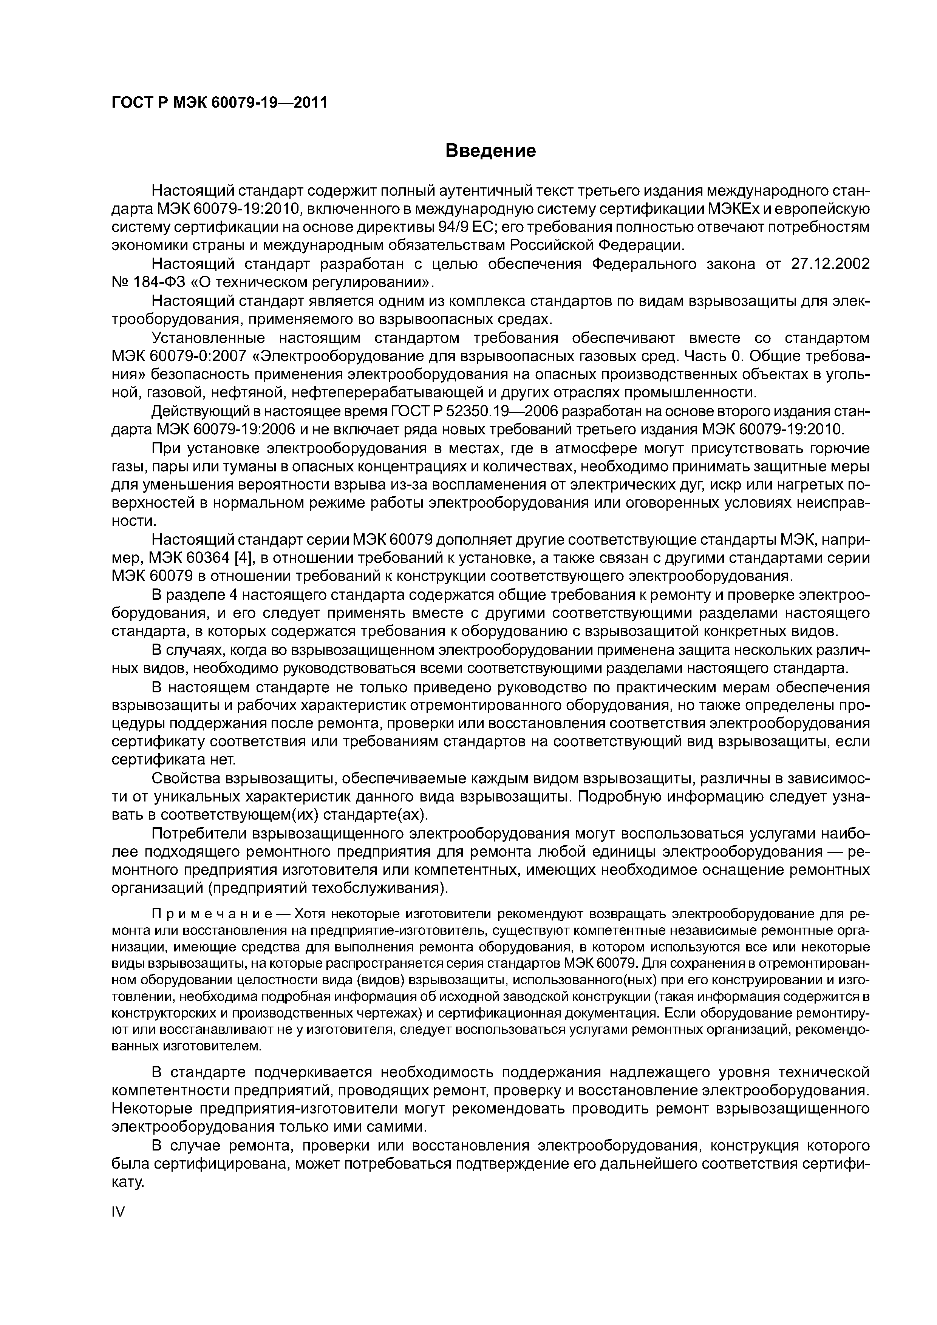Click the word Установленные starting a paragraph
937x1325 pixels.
pos(208,338)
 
